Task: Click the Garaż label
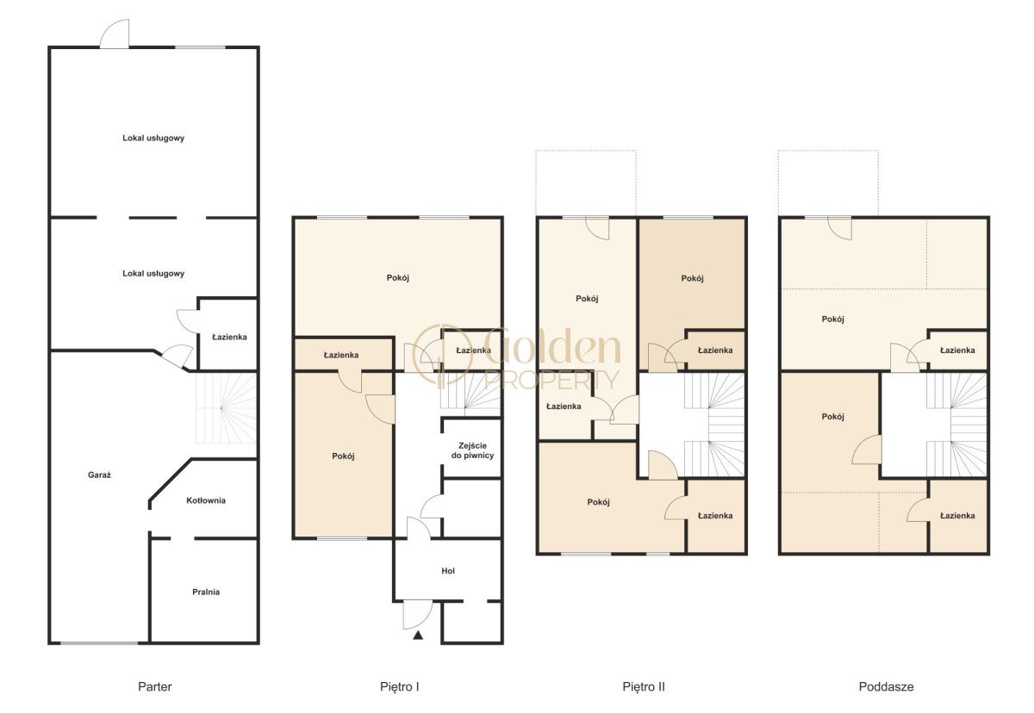(99, 475)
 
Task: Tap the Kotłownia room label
(206, 500)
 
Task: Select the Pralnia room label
(206, 592)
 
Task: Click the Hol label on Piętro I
(448, 571)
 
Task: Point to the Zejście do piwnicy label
(473, 450)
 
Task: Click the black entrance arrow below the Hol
(418, 635)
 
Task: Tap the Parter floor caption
(154, 686)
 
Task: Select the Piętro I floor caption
(400, 686)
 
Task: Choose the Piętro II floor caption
(644, 686)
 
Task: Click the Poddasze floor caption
(886, 686)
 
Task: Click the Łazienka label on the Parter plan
(229, 338)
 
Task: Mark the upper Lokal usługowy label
(153, 138)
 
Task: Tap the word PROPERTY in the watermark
(551, 380)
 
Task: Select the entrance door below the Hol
(418, 614)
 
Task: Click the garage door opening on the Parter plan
(99, 643)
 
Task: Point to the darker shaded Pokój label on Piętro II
(693, 278)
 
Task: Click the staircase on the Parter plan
(226, 407)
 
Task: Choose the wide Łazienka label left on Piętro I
(341, 355)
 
